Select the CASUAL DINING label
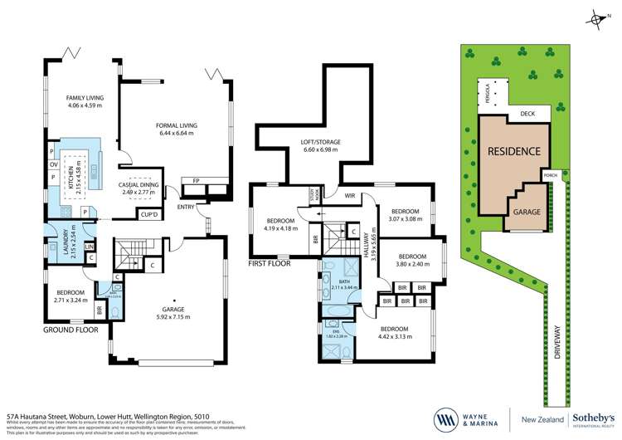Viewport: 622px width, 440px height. [139, 184]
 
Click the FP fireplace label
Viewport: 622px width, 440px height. [196, 180]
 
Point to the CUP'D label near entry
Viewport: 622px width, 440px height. [149, 214]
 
